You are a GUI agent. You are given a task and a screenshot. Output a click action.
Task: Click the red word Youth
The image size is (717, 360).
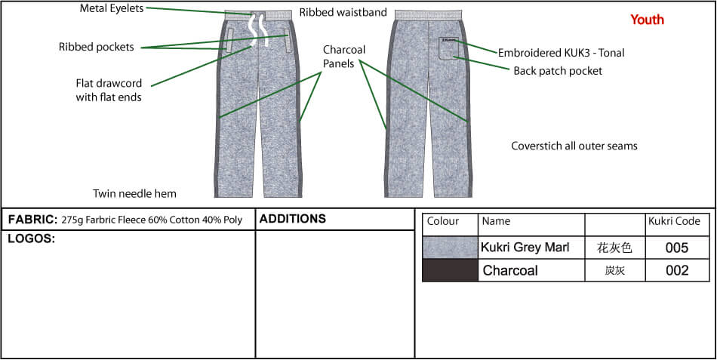point(647,20)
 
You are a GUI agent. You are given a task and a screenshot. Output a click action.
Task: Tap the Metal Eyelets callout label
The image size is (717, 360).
point(112,8)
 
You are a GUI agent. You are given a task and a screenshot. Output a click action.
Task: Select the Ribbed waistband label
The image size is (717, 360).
point(343,12)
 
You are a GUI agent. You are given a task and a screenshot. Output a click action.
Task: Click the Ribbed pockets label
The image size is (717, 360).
point(97,47)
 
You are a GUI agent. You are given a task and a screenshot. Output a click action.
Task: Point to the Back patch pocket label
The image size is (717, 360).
point(558,71)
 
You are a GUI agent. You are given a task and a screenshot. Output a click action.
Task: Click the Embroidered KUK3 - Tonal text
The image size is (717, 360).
point(561,53)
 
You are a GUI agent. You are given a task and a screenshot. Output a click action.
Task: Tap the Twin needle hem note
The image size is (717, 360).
point(135,193)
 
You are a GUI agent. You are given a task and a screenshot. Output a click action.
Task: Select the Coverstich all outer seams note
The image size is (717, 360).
point(574,146)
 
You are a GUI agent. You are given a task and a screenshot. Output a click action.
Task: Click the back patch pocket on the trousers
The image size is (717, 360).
point(448,48)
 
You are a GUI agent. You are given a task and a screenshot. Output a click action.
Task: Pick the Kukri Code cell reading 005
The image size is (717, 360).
point(677,248)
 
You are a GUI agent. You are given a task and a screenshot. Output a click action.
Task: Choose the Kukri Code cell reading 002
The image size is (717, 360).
point(677,270)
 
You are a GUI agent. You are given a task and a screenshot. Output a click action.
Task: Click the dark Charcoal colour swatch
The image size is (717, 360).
point(451,270)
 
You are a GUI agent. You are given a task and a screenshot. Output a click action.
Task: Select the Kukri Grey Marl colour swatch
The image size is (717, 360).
point(451,248)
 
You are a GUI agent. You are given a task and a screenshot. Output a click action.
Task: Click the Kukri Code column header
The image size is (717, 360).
point(675,221)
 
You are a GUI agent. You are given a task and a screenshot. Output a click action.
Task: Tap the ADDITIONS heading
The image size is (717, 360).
point(293,219)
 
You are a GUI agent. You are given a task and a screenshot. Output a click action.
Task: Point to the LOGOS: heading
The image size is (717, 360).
point(32,238)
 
